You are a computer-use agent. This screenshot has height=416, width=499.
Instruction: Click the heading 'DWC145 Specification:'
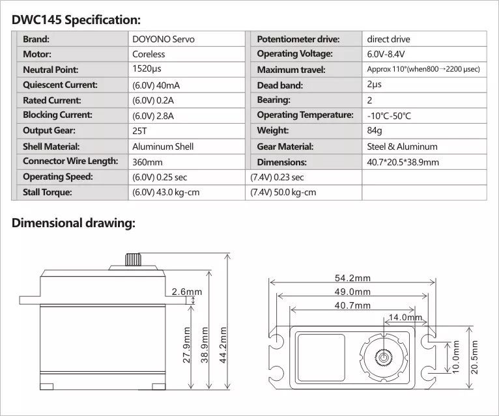point(76,20)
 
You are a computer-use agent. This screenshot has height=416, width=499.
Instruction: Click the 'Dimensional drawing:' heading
point(74,223)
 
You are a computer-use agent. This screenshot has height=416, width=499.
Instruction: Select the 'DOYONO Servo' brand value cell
point(163,39)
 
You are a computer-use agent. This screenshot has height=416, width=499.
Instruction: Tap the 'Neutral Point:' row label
point(50,70)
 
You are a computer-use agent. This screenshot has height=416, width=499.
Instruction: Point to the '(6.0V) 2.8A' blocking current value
point(154,115)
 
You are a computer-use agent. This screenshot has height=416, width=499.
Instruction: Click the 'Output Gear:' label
point(48,131)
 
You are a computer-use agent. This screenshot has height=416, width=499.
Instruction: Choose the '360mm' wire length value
point(147,162)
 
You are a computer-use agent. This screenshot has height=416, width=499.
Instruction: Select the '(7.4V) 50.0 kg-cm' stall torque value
point(283,192)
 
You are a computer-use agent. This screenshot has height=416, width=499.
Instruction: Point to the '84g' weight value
point(375,131)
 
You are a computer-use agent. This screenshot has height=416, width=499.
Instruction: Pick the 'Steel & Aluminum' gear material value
point(402,146)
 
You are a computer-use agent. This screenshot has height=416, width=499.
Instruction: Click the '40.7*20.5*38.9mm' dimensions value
point(403,162)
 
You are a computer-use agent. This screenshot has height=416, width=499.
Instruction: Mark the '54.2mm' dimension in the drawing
point(352,278)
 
